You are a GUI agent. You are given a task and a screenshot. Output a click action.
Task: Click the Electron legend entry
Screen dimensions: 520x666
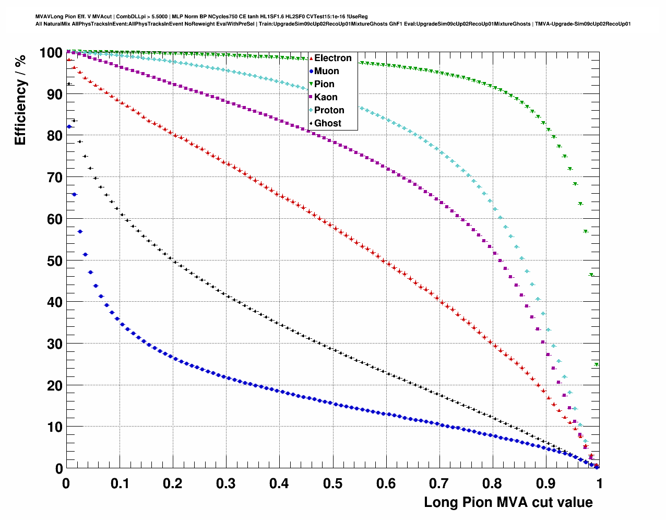[x=332, y=58]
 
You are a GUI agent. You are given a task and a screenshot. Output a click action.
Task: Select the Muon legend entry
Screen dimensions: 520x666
[x=326, y=71]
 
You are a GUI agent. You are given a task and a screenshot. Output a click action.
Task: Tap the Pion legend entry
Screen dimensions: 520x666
[x=324, y=84]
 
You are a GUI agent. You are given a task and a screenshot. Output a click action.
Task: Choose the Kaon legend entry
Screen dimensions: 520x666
[x=326, y=97]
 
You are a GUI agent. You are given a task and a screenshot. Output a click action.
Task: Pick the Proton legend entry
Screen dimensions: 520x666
[x=329, y=110]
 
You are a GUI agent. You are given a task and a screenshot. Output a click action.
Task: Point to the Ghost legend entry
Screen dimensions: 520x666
[x=327, y=123]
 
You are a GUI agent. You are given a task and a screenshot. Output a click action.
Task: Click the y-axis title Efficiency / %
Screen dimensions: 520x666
[x=20, y=99]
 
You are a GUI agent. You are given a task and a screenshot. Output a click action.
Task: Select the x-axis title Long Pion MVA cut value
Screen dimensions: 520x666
[x=508, y=502]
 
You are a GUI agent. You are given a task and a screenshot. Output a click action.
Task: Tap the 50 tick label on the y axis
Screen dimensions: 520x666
[x=51, y=261]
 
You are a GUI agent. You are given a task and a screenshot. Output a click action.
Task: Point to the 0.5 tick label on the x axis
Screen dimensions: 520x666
[x=332, y=483]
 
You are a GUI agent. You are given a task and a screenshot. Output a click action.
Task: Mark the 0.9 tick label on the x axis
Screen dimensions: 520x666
[x=546, y=483]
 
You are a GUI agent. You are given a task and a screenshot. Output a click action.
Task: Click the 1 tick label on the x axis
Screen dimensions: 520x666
[x=599, y=483]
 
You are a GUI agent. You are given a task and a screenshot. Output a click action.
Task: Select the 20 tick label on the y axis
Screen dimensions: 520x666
[x=51, y=385]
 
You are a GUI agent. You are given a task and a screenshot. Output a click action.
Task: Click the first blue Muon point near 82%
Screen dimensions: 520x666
[x=69, y=127]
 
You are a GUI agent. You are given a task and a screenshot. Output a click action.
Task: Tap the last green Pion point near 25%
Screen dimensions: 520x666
[x=596, y=365]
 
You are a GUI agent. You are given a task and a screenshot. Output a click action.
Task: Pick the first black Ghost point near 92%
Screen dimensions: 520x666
[x=69, y=84]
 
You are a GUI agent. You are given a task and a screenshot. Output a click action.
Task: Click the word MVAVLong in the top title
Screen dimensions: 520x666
[x=47, y=17]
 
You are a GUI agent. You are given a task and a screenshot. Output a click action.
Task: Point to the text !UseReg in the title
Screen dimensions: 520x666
[x=358, y=17]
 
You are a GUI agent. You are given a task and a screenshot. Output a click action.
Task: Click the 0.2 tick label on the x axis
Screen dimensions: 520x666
[x=172, y=483]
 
